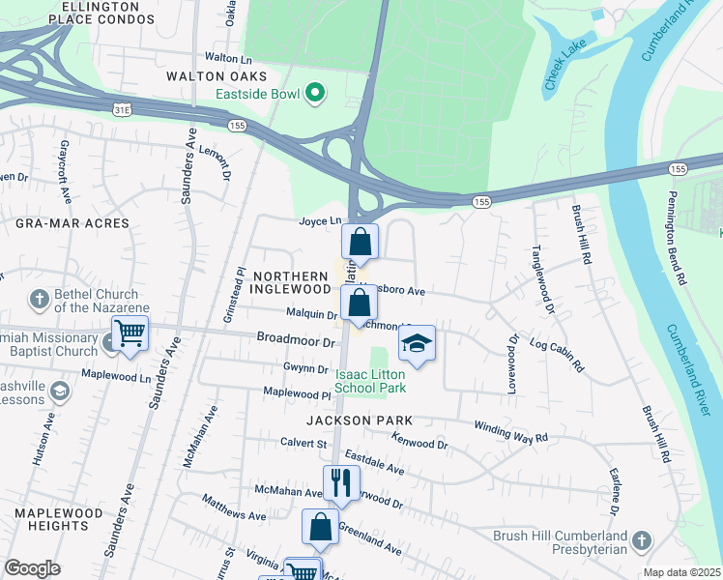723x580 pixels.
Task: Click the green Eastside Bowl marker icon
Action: point(314,94)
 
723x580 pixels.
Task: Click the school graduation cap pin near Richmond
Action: point(417,343)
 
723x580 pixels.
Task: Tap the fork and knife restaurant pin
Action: point(340,481)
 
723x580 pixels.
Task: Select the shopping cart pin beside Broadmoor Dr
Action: point(130,333)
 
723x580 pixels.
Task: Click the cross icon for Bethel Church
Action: point(40,300)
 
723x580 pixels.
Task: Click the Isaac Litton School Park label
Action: point(370,380)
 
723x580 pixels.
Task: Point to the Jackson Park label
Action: point(360,420)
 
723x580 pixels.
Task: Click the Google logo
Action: point(32,568)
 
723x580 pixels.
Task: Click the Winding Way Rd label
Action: point(510,431)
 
